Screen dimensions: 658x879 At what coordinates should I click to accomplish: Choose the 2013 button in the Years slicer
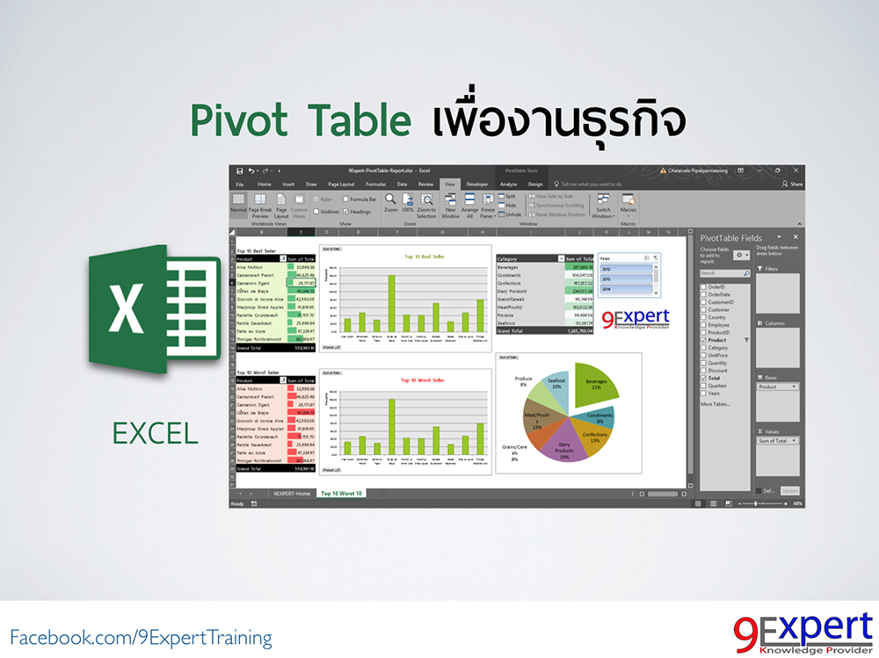click(627, 278)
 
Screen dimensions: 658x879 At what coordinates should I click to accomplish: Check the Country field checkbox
click(703, 317)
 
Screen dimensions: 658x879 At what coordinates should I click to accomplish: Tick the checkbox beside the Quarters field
click(703, 385)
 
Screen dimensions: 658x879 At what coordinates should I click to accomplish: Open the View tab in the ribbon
click(450, 184)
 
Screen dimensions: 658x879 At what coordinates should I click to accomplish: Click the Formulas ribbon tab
click(375, 184)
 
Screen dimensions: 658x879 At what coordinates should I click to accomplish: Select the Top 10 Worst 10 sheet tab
click(341, 494)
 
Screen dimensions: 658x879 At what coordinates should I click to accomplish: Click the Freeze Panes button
click(488, 208)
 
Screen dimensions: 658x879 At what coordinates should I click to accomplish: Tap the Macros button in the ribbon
click(628, 206)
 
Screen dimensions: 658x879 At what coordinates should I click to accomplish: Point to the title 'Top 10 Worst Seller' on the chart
click(419, 380)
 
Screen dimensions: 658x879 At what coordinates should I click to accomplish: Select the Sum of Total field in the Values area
click(776, 440)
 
